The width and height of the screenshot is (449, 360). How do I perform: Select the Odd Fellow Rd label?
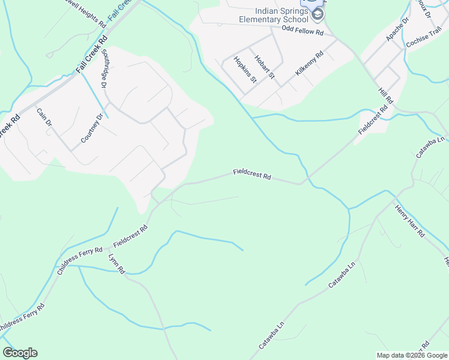tap(303, 31)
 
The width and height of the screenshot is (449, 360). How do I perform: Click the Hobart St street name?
tap(264, 67)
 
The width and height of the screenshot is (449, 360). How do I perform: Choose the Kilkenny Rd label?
tap(309, 63)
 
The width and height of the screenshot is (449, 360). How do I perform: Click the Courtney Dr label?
tap(92, 128)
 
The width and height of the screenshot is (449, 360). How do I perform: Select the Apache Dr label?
tap(397, 29)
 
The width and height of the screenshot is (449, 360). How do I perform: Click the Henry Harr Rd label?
tap(410, 221)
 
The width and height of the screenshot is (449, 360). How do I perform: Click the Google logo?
tap(20, 353)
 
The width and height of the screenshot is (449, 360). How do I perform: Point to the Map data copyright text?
tap(412, 355)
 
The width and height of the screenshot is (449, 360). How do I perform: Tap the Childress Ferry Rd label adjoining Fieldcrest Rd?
tap(80, 260)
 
